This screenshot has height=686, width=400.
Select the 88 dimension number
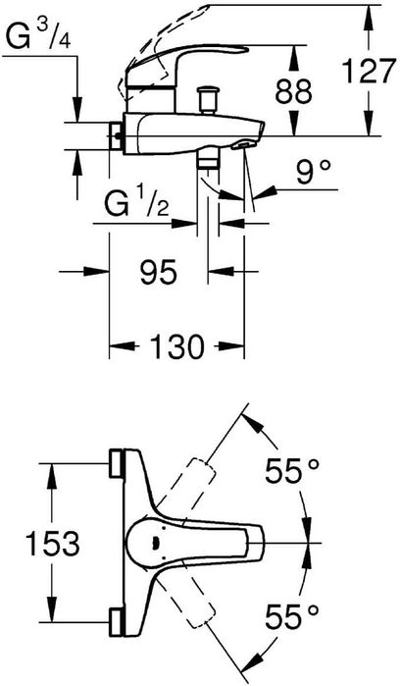tap(293, 91)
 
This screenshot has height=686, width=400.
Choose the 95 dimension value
tap(159, 272)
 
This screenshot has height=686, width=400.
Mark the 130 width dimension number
tap(176, 347)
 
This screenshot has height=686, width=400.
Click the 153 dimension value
tap(53, 544)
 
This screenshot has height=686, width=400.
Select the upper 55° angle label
tap(292, 472)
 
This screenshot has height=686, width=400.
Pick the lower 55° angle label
tap(292, 616)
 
